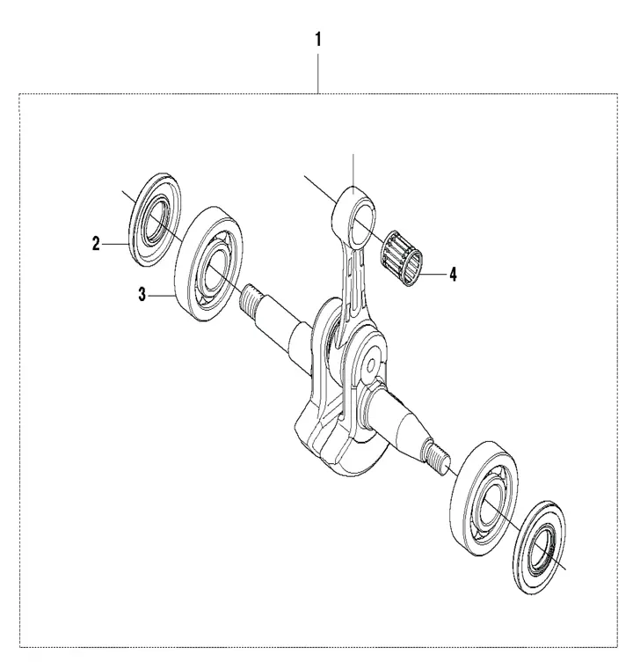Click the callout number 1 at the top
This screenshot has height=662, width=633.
317,40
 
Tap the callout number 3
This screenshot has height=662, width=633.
142,295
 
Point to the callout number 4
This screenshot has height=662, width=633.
453,275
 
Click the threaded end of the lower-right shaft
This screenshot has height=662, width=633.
437,457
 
